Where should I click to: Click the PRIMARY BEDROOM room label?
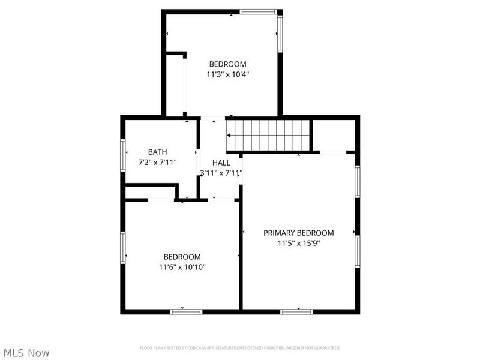(x=298, y=233)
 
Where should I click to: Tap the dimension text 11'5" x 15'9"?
(x=298, y=244)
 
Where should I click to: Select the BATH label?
(x=158, y=152)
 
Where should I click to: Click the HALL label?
(x=221, y=163)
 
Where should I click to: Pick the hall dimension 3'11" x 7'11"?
(x=221, y=173)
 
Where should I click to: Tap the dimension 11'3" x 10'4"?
(x=227, y=75)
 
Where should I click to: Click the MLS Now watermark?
(x=26, y=353)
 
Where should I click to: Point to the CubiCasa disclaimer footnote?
(x=240, y=348)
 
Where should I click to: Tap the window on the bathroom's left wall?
(x=122, y=155)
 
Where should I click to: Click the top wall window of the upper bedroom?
(x=258, y=11)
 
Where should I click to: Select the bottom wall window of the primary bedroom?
(x=297, y=311)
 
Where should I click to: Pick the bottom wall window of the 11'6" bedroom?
(x=186, y=311)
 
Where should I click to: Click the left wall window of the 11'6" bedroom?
(x=122, y=248)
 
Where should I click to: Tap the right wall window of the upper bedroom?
(x=279, y=34)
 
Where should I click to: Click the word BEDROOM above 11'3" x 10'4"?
(x=227, y=64)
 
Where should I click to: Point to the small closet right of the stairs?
(x=334, y=135)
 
